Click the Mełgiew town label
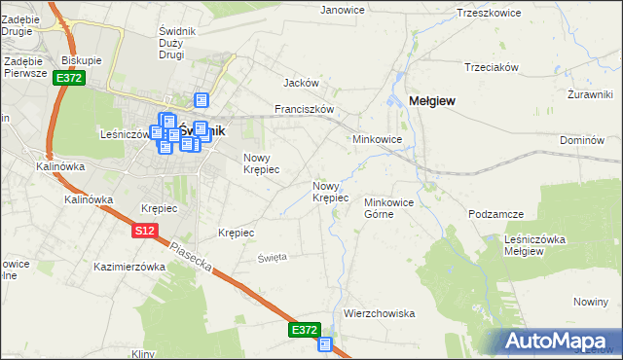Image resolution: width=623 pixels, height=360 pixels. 434,100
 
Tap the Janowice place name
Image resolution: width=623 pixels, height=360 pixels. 342,10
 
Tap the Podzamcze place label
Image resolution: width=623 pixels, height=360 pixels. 496,214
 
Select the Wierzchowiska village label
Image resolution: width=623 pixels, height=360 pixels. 380,313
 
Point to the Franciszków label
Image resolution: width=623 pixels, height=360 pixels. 305,110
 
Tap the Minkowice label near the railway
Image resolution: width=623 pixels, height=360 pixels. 378,139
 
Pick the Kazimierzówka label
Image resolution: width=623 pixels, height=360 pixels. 129,266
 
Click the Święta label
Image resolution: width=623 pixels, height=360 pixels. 272,257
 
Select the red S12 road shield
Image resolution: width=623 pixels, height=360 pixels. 145,231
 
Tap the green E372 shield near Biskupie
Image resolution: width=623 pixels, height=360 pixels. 68,78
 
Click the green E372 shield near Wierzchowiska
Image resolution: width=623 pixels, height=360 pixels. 305,331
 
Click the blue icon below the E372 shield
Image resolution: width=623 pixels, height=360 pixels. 325,343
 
